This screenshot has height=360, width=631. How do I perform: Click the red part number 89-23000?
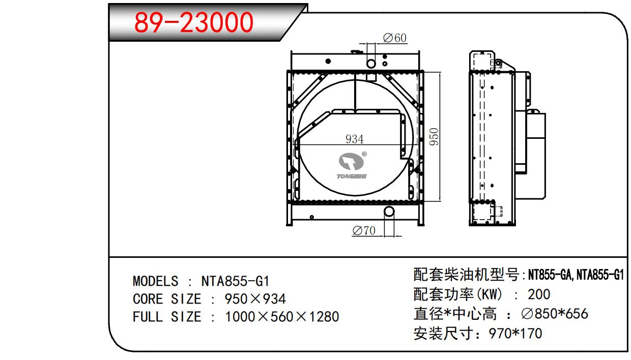194,22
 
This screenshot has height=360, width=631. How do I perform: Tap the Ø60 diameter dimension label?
395,38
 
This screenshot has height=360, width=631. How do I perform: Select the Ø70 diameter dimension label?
364,231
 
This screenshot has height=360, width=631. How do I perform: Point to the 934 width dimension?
354,139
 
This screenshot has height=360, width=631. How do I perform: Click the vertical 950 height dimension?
434,136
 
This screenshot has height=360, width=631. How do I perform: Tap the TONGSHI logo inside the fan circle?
352,166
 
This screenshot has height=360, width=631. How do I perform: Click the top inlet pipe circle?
371,64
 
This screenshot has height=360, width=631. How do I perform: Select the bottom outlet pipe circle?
389,212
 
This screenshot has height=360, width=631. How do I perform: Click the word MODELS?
156,281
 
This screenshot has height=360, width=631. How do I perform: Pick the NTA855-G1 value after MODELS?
235,281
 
